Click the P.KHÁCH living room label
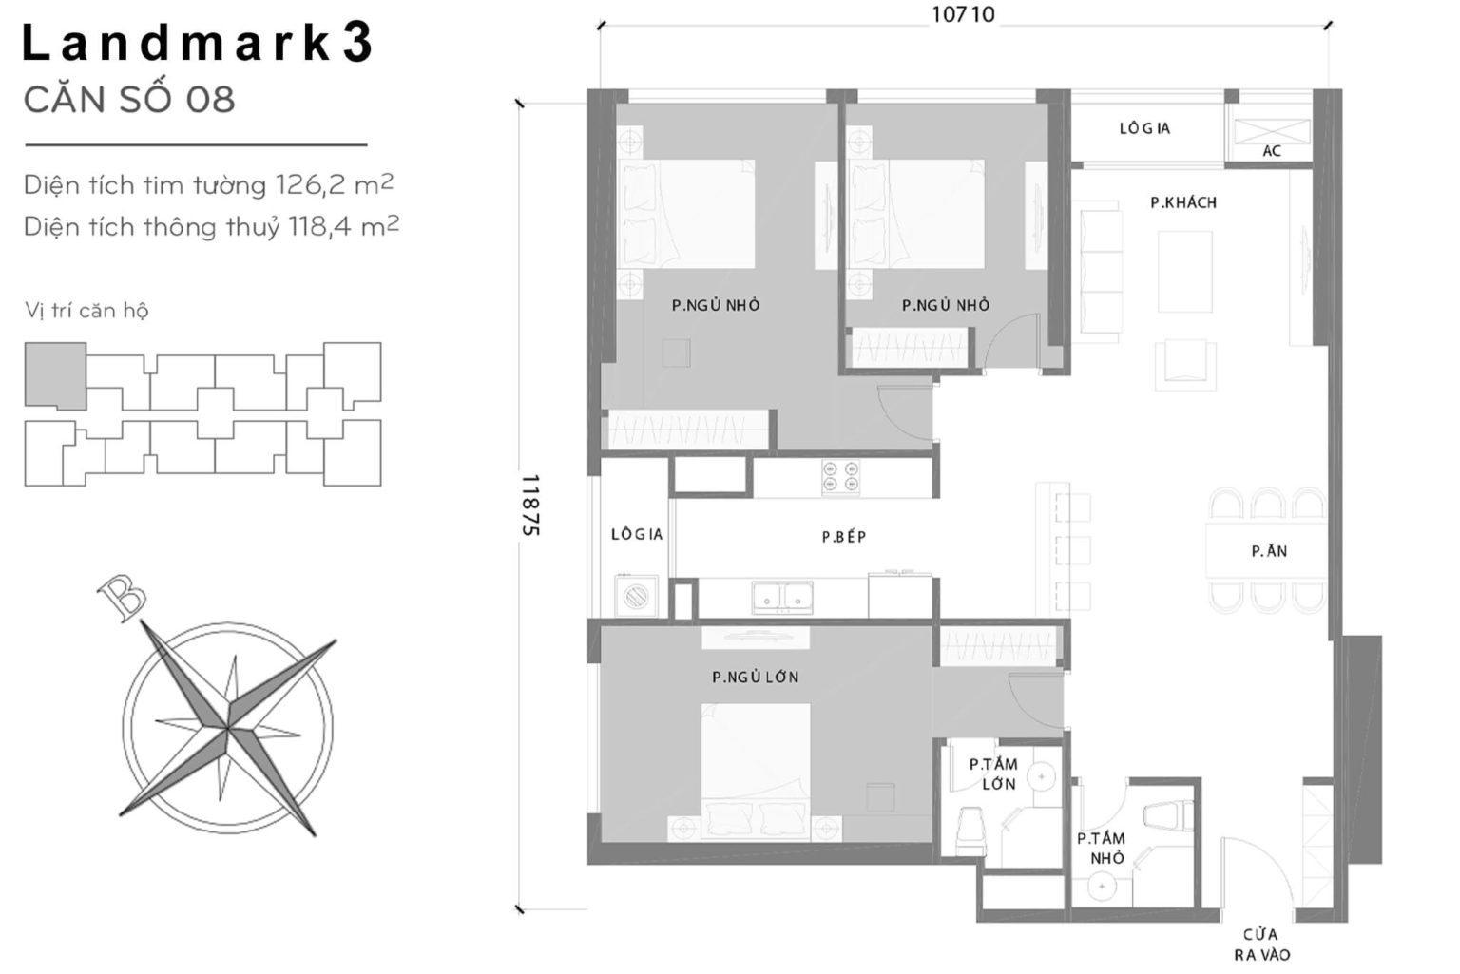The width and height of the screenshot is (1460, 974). point(1182,202)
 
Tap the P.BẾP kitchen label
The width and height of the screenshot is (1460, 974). point(843,537)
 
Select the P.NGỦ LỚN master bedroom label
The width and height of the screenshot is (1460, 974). point(755,678)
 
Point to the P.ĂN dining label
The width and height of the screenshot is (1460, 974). point(1269,551)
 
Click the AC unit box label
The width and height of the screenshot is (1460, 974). point(1271,151)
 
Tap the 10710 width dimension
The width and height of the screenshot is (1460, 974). point(962,15)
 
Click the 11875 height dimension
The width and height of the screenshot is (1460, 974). point(529,506)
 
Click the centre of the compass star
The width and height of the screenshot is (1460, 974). point(228,729)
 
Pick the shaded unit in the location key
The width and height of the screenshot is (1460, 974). point(54,375)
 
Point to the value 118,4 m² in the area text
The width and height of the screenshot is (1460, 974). point(338,227)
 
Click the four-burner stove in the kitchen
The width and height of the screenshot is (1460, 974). point(840,478)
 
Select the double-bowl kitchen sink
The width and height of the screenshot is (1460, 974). point(781,596)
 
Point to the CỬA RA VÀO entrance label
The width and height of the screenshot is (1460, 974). point(1261,945)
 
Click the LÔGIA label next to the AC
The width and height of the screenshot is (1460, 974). point(1143,128)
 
